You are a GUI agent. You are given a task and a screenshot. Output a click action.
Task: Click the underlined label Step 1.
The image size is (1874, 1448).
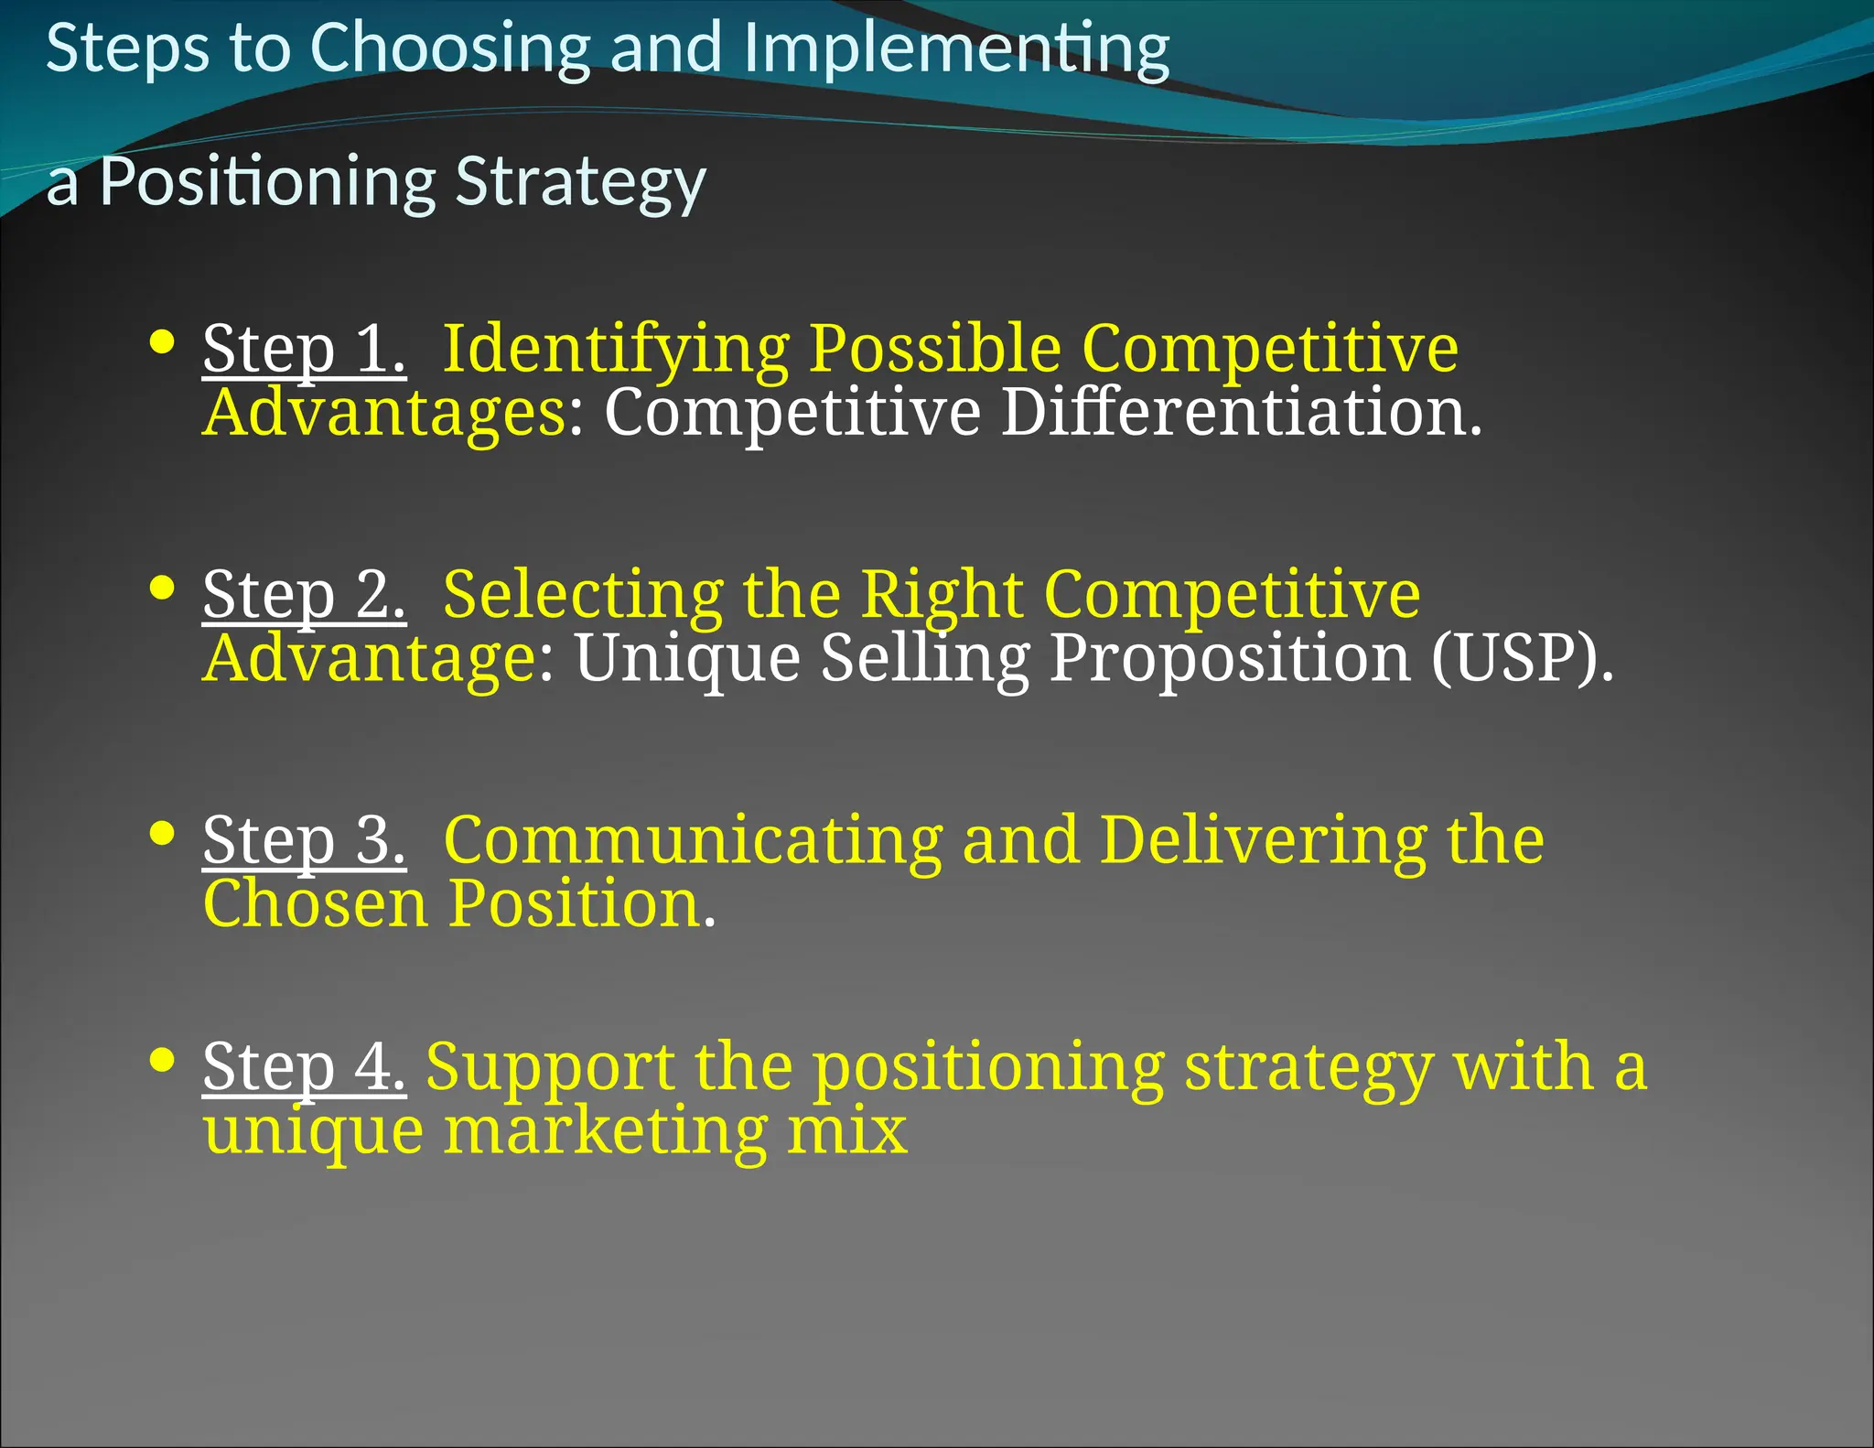(x=304, y=350)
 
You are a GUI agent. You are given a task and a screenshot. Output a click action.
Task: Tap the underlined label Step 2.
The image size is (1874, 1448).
(x=304, y=595)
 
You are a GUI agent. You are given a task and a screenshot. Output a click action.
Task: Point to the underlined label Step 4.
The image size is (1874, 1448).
(x=304, y=1067)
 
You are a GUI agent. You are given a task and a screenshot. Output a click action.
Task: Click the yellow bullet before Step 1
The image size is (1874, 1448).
(x=162, y=341)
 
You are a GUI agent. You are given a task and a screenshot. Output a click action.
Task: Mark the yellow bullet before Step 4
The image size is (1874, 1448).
(x=162, y=1060)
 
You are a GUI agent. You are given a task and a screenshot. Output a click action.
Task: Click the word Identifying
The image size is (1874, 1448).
(x=615, y=350)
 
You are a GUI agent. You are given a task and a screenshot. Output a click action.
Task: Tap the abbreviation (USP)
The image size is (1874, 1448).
(x=1522, y=658)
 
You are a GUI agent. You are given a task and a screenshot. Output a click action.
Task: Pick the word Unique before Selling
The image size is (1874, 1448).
(x=687, y=658)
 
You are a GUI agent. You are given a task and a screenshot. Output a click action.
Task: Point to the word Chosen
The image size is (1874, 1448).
(x=315, y=903)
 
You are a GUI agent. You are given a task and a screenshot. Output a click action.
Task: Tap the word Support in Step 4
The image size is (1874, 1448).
(x=550, y=1067)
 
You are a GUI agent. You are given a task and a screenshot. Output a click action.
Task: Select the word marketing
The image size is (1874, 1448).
(x=605, y=1131)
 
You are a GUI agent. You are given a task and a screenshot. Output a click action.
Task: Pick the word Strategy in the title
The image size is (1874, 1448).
(x=580, y=182)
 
